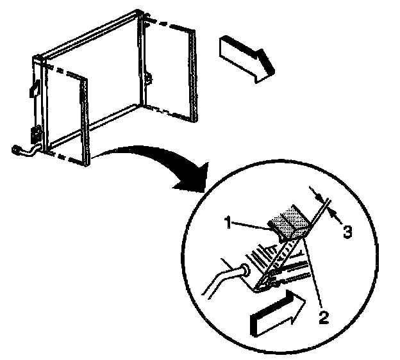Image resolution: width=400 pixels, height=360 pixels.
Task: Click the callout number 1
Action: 228,222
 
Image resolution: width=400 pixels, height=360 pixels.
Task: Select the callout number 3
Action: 347,232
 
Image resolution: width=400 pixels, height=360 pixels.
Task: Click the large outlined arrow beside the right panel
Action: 247,59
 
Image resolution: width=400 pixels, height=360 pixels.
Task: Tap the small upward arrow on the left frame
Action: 35,88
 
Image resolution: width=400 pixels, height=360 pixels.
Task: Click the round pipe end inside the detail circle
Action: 246,270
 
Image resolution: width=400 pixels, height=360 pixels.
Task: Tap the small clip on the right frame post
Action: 149,78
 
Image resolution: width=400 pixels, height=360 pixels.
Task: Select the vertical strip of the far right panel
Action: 193,76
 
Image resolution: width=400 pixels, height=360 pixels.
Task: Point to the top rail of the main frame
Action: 89,35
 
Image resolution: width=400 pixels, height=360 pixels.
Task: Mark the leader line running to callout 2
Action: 313,273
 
